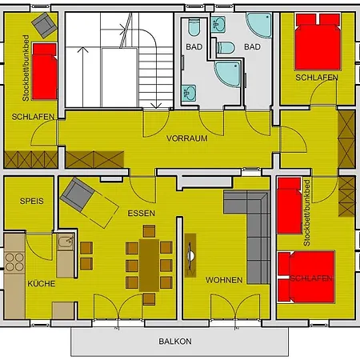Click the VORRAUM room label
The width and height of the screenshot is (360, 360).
[187, 138]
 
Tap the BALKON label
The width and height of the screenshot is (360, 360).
[175, 342]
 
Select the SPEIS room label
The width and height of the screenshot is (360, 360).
[31, 201]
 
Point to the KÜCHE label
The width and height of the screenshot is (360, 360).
[42, 283]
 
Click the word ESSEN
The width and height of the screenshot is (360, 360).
[141, 214]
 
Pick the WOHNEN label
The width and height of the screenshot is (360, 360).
[224, 280]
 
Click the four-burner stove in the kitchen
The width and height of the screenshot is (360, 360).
[14, 262]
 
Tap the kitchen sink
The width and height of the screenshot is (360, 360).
[66, 242]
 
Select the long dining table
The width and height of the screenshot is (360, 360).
[149, 266]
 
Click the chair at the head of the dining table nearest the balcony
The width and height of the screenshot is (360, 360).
[149, 299]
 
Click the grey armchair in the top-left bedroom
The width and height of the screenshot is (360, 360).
[44, 25]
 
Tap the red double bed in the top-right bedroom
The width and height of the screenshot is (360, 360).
[318, 42]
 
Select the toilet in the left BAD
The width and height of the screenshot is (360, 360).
[194, 27]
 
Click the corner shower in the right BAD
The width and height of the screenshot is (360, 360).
[259, 25]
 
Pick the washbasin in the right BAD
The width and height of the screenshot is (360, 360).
[218, 25]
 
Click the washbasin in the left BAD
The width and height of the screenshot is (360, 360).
[189, 94]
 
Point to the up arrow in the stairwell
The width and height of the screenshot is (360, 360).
[82, 77]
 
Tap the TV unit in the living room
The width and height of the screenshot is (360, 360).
[190, 255]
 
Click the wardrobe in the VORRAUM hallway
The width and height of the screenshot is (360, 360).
[94, 159]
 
